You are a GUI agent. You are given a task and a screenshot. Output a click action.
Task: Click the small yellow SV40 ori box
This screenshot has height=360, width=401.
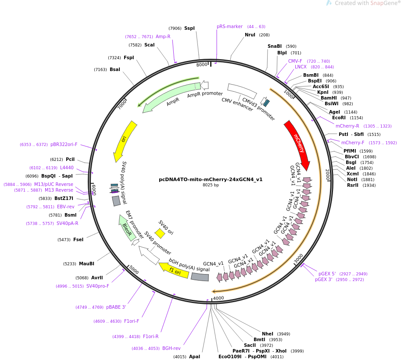coord(160,233)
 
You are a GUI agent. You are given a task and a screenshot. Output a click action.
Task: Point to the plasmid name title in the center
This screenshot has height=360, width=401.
coord(211,179)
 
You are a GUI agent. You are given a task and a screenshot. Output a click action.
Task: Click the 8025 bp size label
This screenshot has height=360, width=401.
coord(211,185)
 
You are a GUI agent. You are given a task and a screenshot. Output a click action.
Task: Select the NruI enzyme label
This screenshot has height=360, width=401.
coord(250,35)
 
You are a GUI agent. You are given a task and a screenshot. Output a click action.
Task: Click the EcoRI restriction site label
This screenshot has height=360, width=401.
coord(339,118)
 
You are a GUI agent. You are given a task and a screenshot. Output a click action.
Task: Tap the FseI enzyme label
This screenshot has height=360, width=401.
coord(78,240)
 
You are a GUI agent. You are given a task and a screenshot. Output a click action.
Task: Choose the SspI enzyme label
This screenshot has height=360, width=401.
coord(190,29)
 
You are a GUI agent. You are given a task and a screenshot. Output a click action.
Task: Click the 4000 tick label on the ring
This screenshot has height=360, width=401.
coord(218,298)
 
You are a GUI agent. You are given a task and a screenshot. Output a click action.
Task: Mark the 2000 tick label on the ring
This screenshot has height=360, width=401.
coord(327,175)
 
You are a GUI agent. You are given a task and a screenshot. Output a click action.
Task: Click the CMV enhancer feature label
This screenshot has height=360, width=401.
coord(237,104)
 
